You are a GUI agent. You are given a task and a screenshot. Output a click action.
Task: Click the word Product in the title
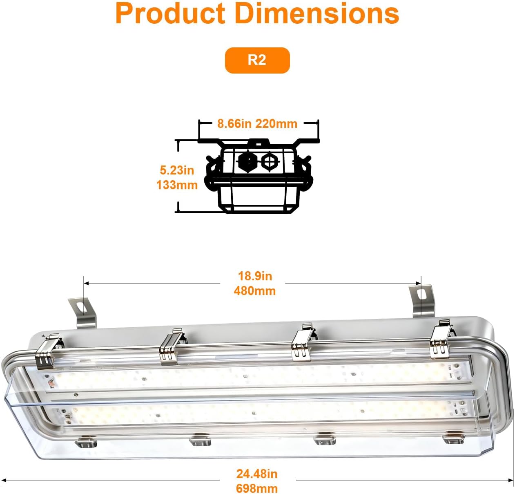pos(171,14)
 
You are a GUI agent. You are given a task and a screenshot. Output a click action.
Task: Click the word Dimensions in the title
pos(317,14)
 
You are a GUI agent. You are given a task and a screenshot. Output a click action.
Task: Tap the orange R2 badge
pos(257,60)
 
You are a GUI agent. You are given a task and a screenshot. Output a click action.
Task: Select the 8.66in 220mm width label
pos(257,123)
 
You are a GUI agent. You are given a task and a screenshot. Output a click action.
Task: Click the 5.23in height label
pos(177,170)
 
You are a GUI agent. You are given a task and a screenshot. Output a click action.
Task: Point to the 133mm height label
pos(177,185)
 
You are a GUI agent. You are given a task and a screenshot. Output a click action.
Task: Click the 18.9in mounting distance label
pos(255,276)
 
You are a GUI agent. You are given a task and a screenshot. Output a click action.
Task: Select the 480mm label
pos(255,291)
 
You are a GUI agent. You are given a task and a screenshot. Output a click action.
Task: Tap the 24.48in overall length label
pos(257,474)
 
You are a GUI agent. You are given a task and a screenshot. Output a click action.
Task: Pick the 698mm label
pos(257,488)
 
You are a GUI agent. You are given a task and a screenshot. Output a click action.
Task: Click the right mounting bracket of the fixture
pos(421,300)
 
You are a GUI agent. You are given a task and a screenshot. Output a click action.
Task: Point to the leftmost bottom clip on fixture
pos(87,441)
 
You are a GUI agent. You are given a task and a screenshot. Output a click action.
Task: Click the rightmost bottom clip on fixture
pos(453,438)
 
